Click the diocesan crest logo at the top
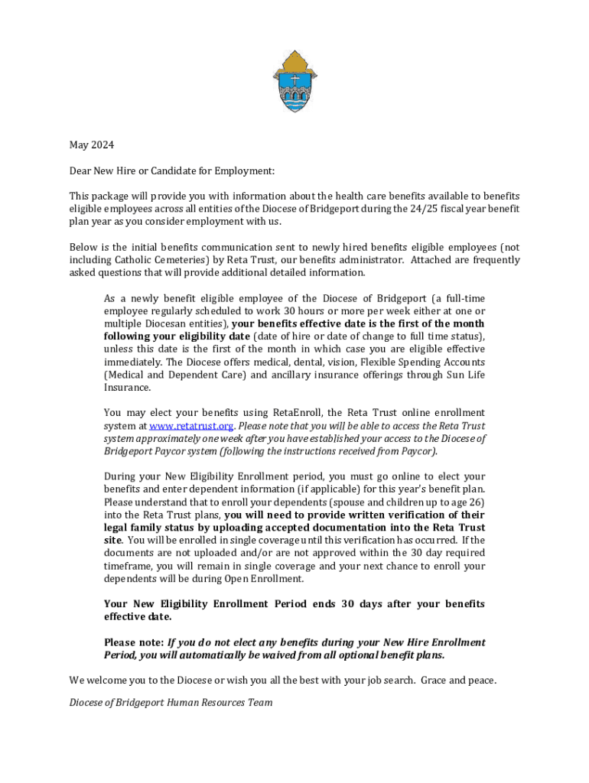294,81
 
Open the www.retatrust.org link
191,426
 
